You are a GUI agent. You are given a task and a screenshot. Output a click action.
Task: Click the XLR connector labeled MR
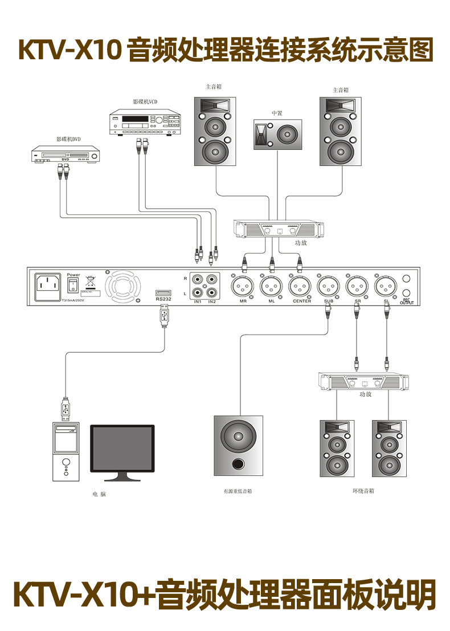[x=243, y=284]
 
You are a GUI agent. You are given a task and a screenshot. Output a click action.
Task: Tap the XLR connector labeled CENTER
[x=300, y=284]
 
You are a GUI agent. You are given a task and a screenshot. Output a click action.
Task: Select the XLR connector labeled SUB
[x=329, y=284]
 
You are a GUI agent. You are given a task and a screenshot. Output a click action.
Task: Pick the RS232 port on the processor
[x=163, y=292]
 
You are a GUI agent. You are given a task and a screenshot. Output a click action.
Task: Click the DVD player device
[x=66, y=154]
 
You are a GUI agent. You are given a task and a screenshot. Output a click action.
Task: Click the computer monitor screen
[x=122, y=449]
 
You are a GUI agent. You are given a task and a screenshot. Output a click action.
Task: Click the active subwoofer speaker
[x=239, y=445]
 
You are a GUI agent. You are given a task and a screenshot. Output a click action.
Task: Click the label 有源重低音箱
[x=238, y=491]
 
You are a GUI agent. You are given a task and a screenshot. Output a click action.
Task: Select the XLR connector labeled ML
[x=272, y=284]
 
